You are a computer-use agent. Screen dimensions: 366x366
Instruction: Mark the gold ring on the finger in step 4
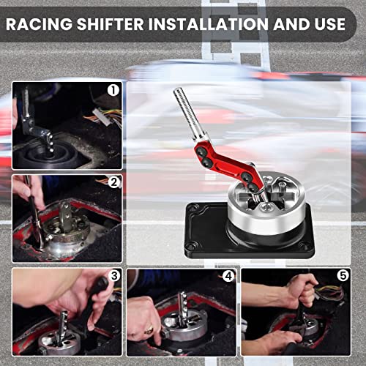click(x=149, y=330)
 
